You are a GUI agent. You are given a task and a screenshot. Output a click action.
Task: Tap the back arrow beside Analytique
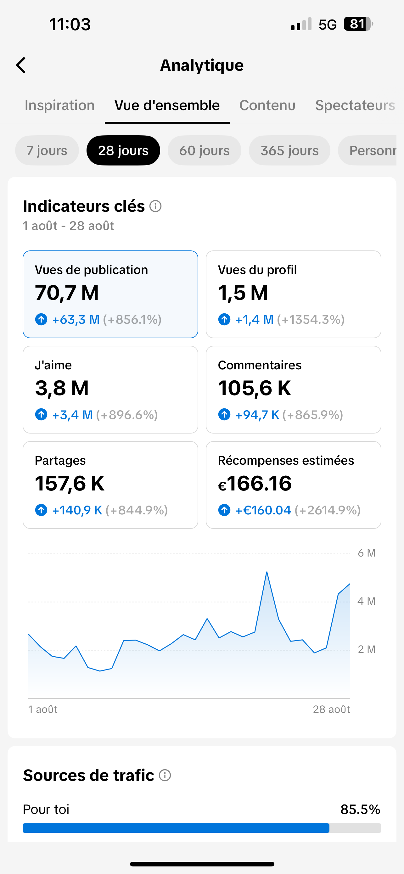pyautogui.click(x=21, y=65)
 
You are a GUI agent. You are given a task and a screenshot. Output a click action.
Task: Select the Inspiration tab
pyautogui.click(x=60, y=105)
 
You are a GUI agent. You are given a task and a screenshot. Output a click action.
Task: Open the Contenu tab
pyautogui.click(x=267, y=105)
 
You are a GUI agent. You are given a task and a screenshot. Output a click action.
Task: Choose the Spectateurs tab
pyautogui.click(x=355, y=105)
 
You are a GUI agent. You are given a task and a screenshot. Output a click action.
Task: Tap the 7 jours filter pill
pyautogui.click(x=47, y=150)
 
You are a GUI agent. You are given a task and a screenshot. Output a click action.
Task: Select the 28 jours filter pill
pyautogui.click(x=123, y=150)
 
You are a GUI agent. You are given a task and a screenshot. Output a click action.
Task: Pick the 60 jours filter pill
pyautogui.click(x=204, y=150)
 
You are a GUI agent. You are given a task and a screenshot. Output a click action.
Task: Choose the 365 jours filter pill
pyautogui.click(x=289, y=150)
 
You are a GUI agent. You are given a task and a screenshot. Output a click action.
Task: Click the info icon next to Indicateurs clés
pyautogui.click(x=155, y=206)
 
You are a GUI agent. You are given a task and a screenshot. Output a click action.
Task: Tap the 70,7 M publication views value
pyautogui.click(x=67, y=293)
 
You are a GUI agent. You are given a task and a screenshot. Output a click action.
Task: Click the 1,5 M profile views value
pyautogui.click(x=243, y=293)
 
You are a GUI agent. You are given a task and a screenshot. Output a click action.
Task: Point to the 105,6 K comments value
pyautogui.click(x=255, y=388)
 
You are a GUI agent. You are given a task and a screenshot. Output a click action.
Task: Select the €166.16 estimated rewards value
pyautogui.click(x=255, y=484)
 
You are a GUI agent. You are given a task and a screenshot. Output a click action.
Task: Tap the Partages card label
pyautogui.click(x=60, y=460)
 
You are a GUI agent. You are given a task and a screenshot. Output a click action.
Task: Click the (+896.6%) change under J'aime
pyautogui.click(x=127, y=415)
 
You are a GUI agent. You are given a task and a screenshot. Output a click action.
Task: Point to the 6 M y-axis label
pyautogui.click(x=367, y=553)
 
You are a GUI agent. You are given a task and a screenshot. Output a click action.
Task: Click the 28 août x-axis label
pyautogui.click(x=331, y=709)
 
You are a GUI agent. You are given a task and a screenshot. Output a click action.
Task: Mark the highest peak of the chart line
pyautogui.click(x=267, y=572)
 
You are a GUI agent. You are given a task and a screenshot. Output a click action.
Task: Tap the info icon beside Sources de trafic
pyautogui.click(x=165, y=775)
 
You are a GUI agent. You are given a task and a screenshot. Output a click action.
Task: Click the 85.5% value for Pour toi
pyautogui.click(x=360, y=809)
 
